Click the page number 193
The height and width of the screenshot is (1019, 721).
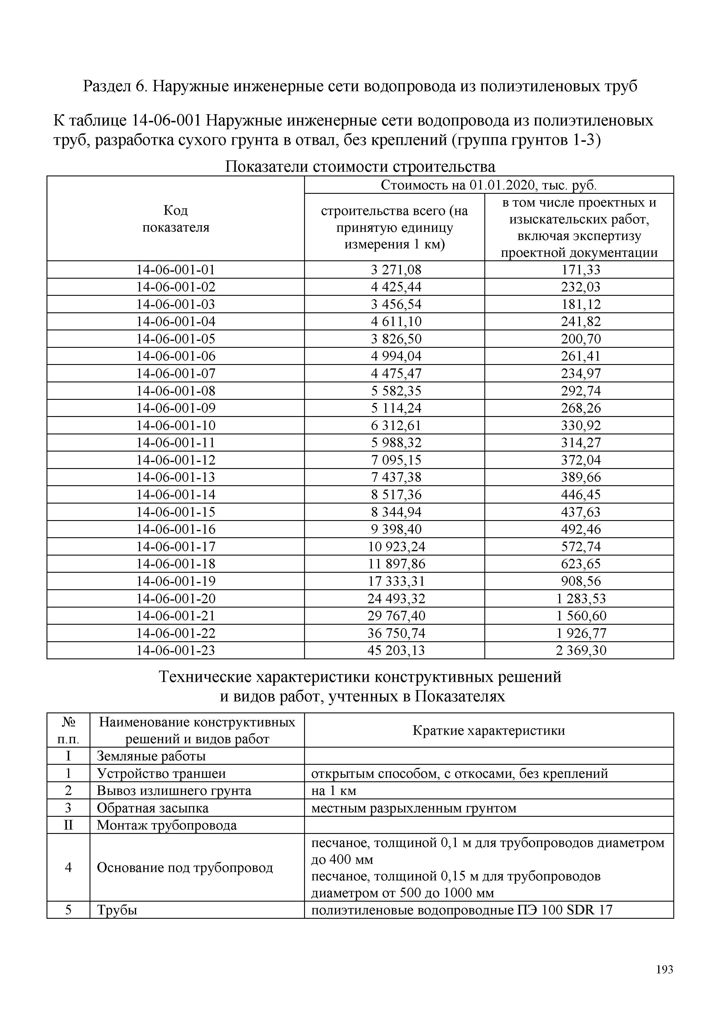(664, 970)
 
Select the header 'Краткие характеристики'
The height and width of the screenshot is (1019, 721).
(488, 731)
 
